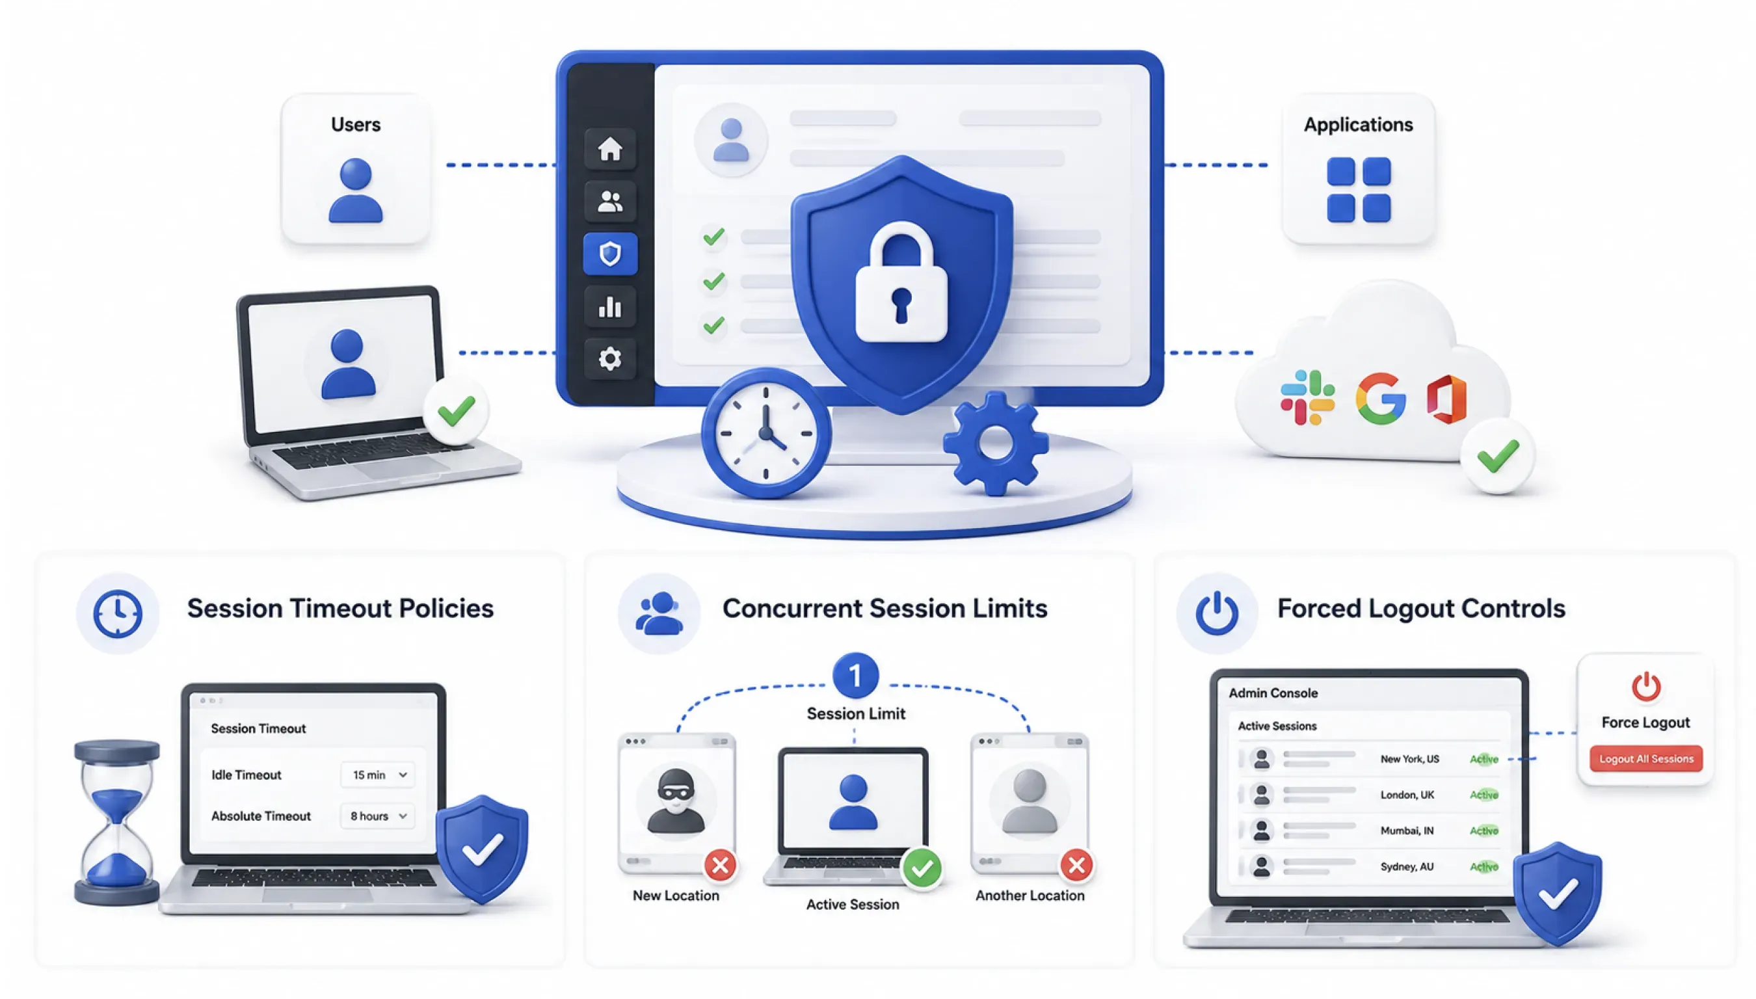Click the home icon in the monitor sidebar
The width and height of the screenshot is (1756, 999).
[610, 148]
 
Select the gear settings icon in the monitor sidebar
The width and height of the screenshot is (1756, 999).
[610, 358]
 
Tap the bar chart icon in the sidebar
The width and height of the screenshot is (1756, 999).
[610, 307]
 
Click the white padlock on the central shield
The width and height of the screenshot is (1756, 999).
[901, 282]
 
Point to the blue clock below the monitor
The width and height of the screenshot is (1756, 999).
[766, 433]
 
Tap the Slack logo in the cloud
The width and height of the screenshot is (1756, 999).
[1307, 398]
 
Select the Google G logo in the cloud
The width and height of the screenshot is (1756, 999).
[1381, 398]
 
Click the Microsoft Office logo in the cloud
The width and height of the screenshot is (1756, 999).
[1446, 399]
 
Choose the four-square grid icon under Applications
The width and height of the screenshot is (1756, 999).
[1359, 189]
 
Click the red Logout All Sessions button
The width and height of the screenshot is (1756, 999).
[1645, 759]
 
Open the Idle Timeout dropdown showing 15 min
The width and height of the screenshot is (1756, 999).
[378, 775]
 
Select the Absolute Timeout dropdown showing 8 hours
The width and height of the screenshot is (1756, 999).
[378, 816]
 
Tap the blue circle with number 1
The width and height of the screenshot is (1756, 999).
[855, 676]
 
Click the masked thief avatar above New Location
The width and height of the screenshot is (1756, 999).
[676, 801]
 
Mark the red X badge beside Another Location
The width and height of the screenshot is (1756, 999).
[1076, 865]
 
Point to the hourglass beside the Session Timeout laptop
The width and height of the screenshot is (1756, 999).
[116, 822]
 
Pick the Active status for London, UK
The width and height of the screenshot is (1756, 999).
[1483, 795]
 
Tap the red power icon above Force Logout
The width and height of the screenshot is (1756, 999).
[1645, 686]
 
